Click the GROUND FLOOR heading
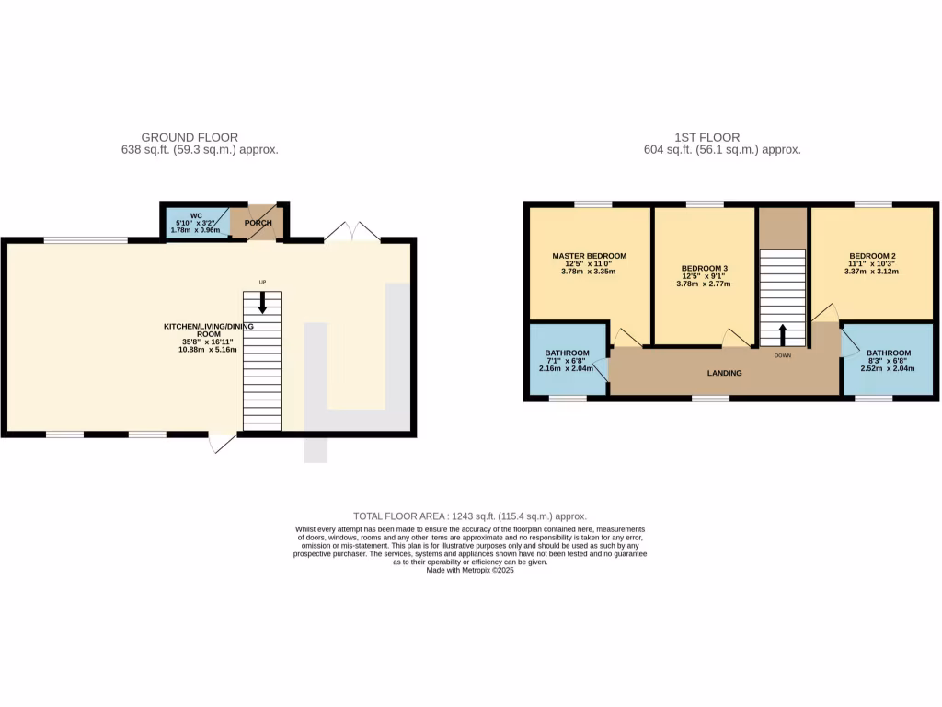[x=190, y=137]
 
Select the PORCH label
[x=258, y=223]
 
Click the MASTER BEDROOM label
[x=589, y=255]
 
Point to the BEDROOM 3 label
[x=703, y=268]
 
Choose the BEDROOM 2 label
[x=873, y=255]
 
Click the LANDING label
[x=725, y=373]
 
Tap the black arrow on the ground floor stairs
[x=263, y=302]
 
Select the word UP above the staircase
[x=262, y=282]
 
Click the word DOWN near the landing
[x=783, y=355]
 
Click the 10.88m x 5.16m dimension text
[x=209, y=350]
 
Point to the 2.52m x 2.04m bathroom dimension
[x=888, y=368]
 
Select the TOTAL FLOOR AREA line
[x=470, y=516]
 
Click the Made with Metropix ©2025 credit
[x=470, y=570]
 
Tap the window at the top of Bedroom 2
[x=872, y=204]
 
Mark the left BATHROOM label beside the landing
[x=567, y=353]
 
